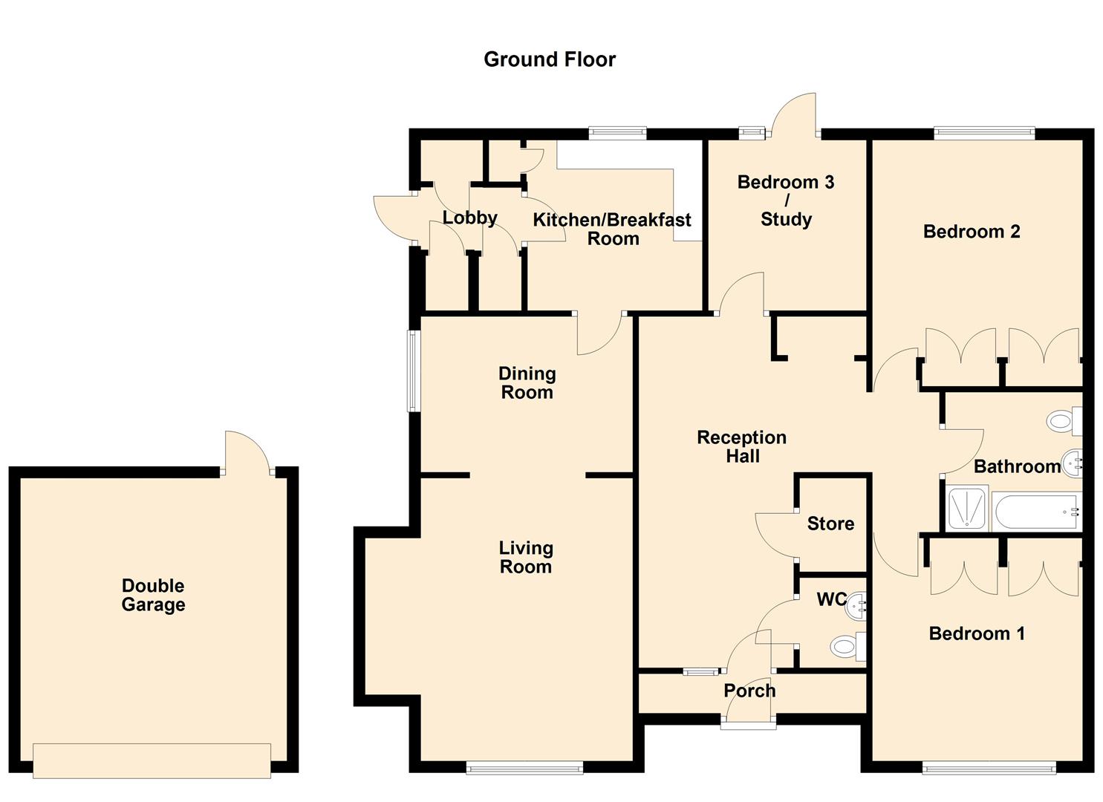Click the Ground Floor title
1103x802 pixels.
pyautogui.click(x=549, y=59)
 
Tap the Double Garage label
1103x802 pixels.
pyautogui.click(x=153, y=595)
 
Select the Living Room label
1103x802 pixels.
pyautogui.click(x=526, y=557)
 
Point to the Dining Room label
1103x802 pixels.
pyautogui.click(x=527, y=382)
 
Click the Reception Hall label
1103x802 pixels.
pyautogui.click(x=741, y=446)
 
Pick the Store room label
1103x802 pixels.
pyautogui.click(x=830, y=524)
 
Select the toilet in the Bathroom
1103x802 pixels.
pyautogui.click(x=1065, y=421)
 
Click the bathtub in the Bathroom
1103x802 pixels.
pyautogui.click(x=1035, y=512)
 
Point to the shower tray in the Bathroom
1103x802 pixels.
pyautogui.click(x=967, y=508)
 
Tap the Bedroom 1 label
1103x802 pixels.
pyautogui.click(x=977, y=633)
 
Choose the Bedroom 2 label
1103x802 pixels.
pyautogui.click(x=972, y=232)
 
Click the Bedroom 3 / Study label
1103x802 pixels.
pyautogui.click(x=786, y=200)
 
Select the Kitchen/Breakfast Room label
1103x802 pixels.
pyautogui.click(x=612, y=229)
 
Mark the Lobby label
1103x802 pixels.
pyautogui.click(x=469, y=218)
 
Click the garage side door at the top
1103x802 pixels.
pyautogui.click(x=247, y=451)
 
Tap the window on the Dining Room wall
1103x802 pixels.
pyautogui.click(x=414, y=371)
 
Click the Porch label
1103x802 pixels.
pyautogui.click(x=749, y=691)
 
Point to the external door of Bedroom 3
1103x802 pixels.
pyautogui.click(x=794, y=115)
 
